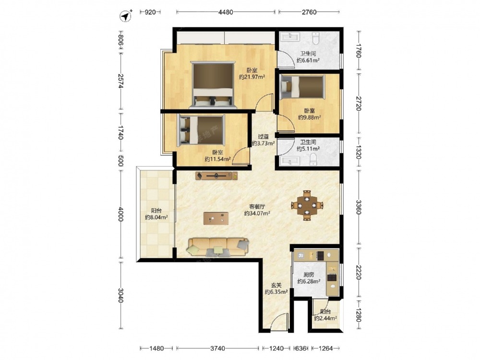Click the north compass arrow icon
(125, 16)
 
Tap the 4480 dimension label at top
(226, 12)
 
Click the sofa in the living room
(217, 247)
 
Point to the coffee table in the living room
(216, 218)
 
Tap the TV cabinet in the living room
(217, 176)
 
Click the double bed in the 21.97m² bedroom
(213, 85)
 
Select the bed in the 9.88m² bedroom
(302, 86)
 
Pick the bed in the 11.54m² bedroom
(201, 130)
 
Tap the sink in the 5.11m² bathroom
(290, 161)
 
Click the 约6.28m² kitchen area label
(309, 281)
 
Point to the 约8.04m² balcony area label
(156, 217)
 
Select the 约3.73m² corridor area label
(263, 143)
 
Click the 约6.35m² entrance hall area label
(276, 292)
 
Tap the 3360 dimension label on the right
(359, 207)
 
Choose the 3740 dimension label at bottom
(217, 348)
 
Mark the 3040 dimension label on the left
(120, 295)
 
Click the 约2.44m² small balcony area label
(326, 318)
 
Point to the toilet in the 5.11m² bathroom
(313, 159)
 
